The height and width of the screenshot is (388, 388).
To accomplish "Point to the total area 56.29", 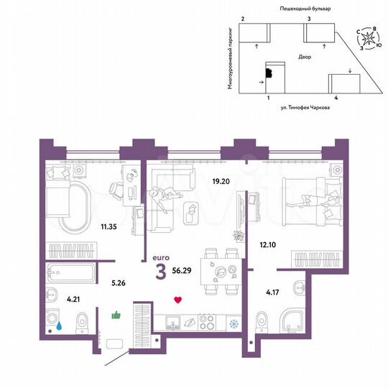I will point(186,272).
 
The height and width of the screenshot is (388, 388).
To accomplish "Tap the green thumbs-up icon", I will point(115,314).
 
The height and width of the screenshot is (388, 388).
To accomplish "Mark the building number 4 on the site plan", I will point(336,96).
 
